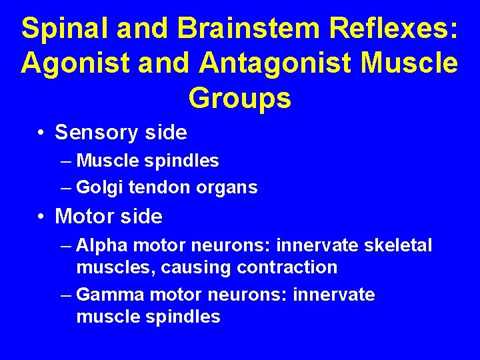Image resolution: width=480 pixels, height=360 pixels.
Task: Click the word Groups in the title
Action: pos(239,98)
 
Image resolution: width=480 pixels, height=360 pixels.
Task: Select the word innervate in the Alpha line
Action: pos(317,246)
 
